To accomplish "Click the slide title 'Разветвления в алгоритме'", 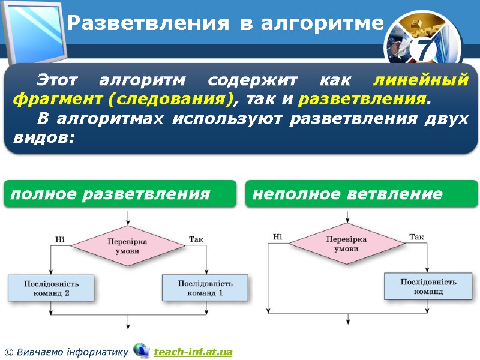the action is click(x=224, y=23).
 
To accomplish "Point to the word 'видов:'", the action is click(x=43, y=137).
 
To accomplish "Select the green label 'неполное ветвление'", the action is click(x=348, y=194).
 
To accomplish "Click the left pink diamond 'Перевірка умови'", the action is click(x=127, y=246).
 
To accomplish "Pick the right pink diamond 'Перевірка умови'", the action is click(x=346, y=244).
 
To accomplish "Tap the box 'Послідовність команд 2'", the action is click(x=51, y=288).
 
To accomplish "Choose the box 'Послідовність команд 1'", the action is click(x=205, y=288).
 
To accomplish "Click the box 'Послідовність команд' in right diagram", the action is click(x=428, y=286).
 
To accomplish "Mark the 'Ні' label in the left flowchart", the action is click(x=60, y=239).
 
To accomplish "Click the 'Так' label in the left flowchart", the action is click(x=196, y=239).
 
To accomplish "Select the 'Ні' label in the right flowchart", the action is click(x=277, y=237).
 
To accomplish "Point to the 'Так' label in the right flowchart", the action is click(x=416, y=237).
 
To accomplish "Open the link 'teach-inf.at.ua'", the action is click(x=193, y=352).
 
